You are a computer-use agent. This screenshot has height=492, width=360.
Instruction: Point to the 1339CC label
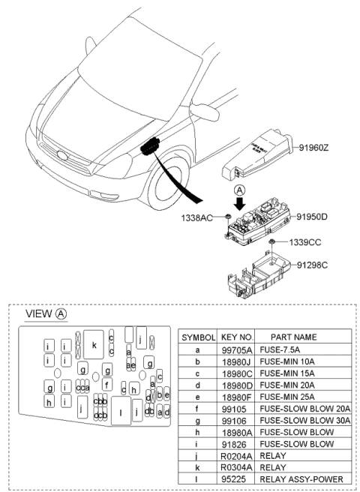[x=307, y=242]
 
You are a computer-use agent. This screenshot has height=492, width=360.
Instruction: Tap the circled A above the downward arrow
[x=238, y=190]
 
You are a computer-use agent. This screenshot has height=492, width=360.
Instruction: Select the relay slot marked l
[x=121, y=412]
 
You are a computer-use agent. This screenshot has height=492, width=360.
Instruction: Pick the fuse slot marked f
[x=107, y=385]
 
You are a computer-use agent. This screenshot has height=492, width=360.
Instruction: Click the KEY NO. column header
[x=238, y=337]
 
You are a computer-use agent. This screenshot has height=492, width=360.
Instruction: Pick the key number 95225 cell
[x=238, y=478]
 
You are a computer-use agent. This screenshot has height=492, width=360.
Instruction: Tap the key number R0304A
[x=238, y=466]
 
